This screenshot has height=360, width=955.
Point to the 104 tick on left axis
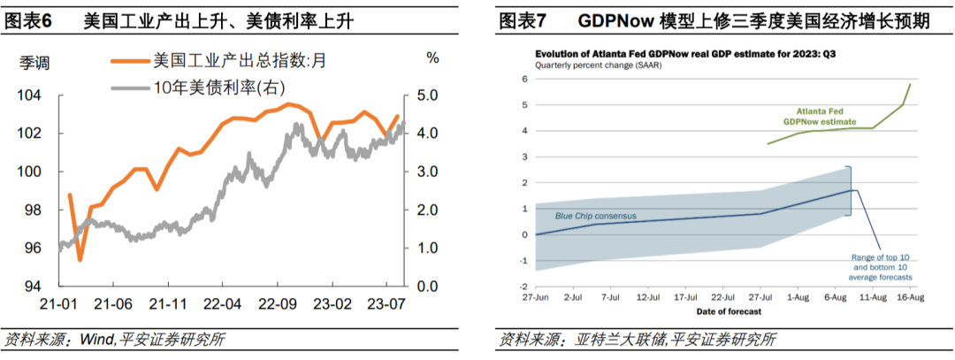pyautogui.click(x=31, y=95)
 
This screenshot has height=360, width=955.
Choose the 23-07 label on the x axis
pyautogui.click(x=387, y=303)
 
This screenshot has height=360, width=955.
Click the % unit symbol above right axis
pyautogui.click(x=432, y=57)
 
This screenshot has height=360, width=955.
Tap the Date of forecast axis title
pyautogui.click(x=722, y=311)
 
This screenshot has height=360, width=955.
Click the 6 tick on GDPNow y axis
pyautogui.click(x=523, y=79)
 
